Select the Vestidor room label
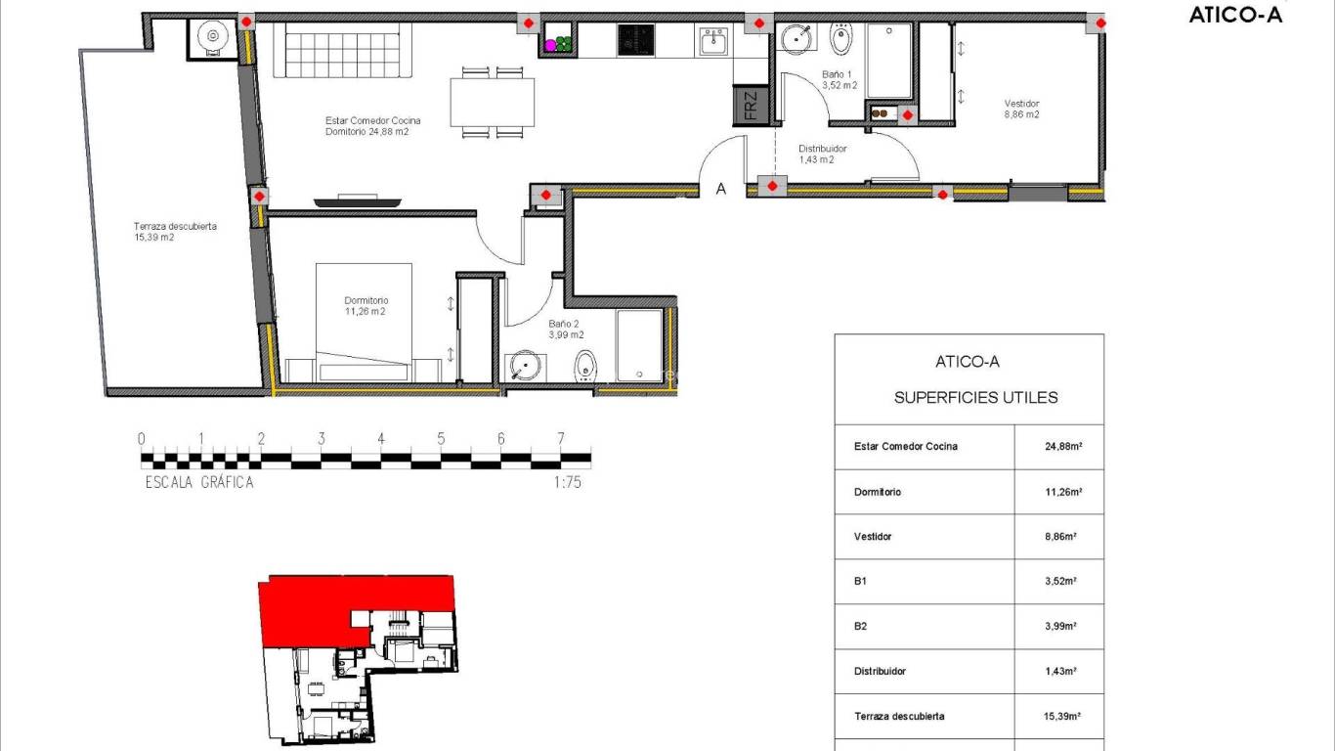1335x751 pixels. pos(1021,109)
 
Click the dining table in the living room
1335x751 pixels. pos(493,102)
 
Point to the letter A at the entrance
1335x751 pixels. pos(721,190)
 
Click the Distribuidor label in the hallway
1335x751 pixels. pos(822,155)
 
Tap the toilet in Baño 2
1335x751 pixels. pos(584,368)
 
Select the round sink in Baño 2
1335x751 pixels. pos(526,367)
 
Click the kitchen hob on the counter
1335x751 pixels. pos(635,40)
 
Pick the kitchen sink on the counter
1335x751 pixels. pos(712,41)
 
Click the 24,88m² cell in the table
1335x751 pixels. pos(1060,447)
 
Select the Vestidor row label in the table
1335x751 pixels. pos(873,537)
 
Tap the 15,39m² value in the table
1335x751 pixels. pos(1060,717)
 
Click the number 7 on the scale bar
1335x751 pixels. pos(561,439)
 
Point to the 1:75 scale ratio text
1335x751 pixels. pos(566,482)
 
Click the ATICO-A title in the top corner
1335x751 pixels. pos(1235,15)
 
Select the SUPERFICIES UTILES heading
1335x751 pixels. pos(975,398)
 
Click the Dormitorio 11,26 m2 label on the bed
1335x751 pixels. pos(366,306)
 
